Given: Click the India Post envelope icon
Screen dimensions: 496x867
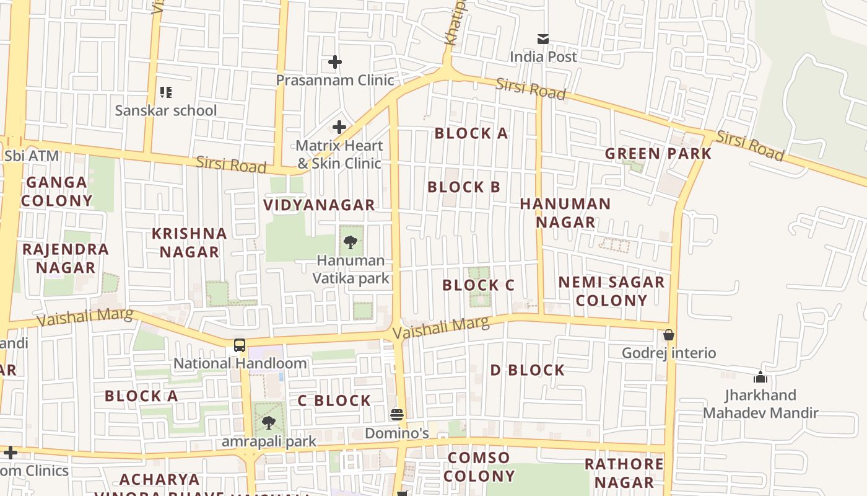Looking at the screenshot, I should [x=543, y=39].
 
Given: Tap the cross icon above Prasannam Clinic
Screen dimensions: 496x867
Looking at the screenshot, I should [x=335, y=62].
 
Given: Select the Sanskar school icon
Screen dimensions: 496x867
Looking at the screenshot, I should [x=166, y=92].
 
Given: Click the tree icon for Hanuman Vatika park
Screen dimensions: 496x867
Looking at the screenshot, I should [x=351, y=242].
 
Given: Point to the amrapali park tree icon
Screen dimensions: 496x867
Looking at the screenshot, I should [x=268, y=423].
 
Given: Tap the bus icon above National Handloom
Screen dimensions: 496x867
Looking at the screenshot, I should [x=240, y=345].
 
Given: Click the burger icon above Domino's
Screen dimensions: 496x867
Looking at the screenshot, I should [x=397, y=415].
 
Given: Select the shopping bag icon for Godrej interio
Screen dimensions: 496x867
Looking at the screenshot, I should [x=669, y=335].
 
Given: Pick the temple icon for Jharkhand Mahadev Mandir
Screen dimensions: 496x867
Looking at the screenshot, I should [x=760, y=377].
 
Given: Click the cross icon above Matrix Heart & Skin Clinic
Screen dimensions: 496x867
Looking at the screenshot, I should [x=339, y=128].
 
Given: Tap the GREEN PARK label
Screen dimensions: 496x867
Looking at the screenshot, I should [x=658, y=154].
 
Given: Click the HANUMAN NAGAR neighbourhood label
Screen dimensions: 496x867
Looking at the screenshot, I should [x=565, y=213].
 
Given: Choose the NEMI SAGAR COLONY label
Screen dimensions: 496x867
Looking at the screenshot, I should [x=611, y=291].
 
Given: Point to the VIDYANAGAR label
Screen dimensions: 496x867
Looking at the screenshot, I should [x=319, y=205].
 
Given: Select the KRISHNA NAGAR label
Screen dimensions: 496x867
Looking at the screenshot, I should [x=190, y=242].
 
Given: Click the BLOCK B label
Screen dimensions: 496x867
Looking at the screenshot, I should [x=463, y=187].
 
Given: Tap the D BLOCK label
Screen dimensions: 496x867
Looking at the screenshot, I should [x=528, y=370].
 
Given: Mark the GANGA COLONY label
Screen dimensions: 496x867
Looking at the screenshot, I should [x=56, y=191].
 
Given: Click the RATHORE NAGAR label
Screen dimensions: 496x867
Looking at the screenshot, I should [x=624, y=472].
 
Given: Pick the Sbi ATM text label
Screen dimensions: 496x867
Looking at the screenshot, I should [x=32, y=156].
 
